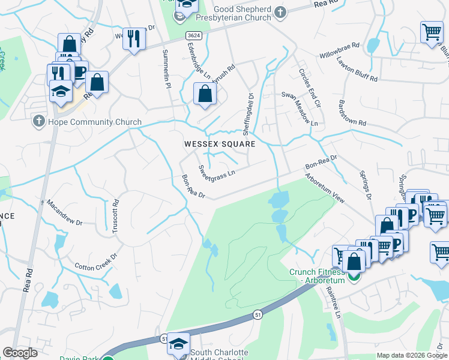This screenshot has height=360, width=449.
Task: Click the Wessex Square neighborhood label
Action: point(220,144)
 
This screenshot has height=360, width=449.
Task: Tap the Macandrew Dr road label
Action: point(63,212)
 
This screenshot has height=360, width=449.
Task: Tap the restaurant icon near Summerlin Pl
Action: point(134,39)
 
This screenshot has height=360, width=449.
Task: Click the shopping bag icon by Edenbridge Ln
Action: point(205,94)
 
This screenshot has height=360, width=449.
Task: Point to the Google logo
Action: point(20,353)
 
